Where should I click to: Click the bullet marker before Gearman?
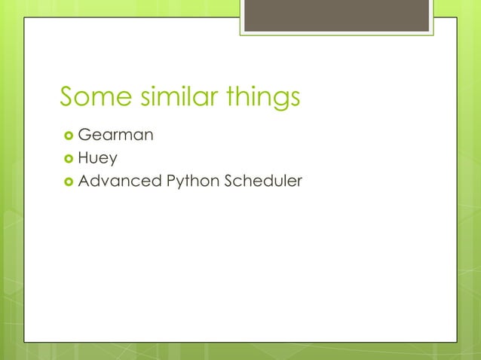click(x=67, y=136)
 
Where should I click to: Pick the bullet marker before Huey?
click(x=67, y=159)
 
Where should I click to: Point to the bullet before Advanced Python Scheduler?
click(x=67, y=182)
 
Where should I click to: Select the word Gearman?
click(x=116, y=136)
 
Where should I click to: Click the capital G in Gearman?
click(x=84, y=136)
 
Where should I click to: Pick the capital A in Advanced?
click(x=84, y=182)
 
